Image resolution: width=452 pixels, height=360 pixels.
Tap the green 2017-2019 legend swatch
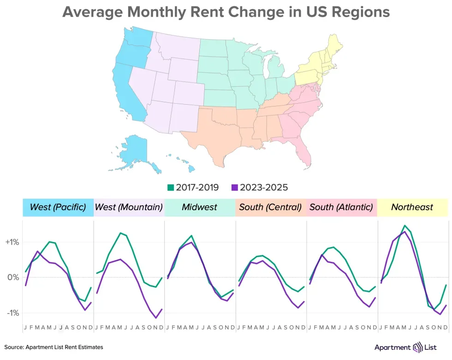(170, 187)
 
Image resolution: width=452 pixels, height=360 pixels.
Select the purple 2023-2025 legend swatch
(235, 187)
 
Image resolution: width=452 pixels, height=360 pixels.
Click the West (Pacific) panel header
(58, 207)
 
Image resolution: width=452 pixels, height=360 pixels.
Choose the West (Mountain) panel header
(129, 207)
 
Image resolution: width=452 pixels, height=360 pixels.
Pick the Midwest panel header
(199, 207)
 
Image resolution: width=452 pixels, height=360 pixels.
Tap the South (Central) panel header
(270, 207)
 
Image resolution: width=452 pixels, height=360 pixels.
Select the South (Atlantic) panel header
(341, 207)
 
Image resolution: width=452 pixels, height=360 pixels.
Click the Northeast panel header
(412, 207)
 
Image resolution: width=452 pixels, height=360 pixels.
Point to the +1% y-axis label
(12, 242)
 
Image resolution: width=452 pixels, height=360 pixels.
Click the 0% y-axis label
(13, 277)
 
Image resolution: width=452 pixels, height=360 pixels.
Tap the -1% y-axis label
(12, 313)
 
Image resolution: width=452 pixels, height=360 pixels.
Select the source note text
(54, 347)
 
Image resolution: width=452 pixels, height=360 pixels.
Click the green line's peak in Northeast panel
(404, 225)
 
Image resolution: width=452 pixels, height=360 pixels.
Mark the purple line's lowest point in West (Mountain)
(156, 318)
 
